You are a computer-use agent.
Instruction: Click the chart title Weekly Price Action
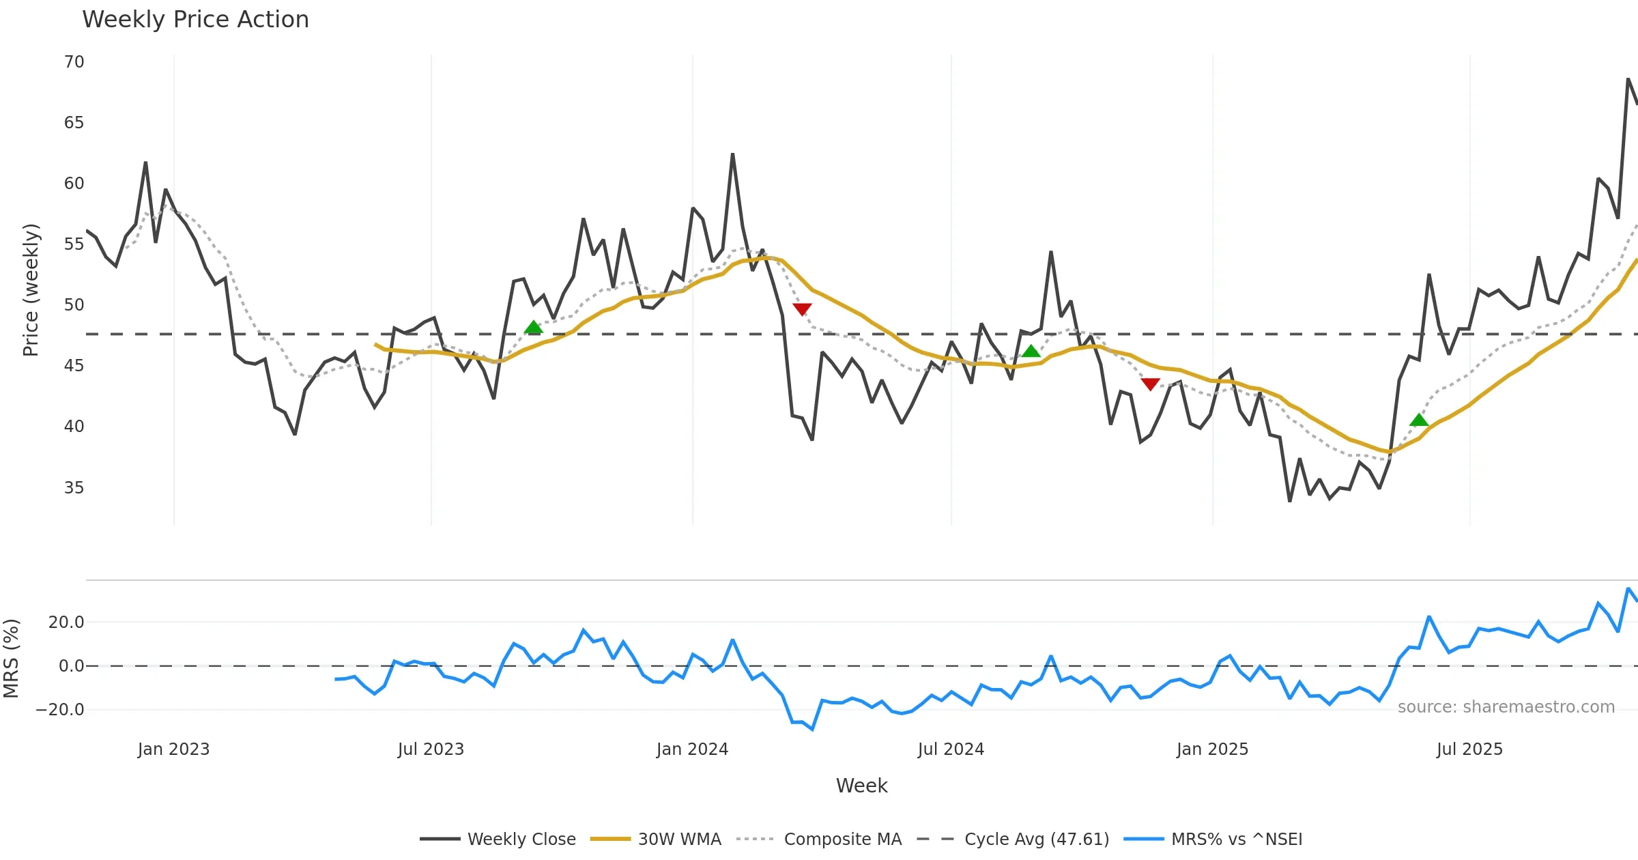tap(195, 20)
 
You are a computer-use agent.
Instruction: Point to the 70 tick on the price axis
tap(74, 62)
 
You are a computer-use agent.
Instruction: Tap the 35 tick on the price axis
tap(74, 487)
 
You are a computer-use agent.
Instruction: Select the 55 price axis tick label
tap(74, 244)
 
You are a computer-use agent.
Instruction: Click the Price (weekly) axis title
tap(31, 290)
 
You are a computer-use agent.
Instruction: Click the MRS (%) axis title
tap(11, 658)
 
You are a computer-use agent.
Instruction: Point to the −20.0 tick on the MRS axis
tap(60, 709)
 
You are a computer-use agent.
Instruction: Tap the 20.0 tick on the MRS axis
tap(66, 622)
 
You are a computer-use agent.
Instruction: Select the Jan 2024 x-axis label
tap(692, 749)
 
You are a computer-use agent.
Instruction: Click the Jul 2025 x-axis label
tap(1469, 749)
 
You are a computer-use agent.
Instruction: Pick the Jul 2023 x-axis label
tap(431, 749)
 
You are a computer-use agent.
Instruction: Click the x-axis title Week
tap(861, 786)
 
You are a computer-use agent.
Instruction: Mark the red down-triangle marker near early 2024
tap(802, 309)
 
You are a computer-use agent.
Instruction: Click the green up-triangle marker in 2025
tap(1419, 420)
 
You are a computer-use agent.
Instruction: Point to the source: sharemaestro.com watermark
tap(1506, 707)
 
